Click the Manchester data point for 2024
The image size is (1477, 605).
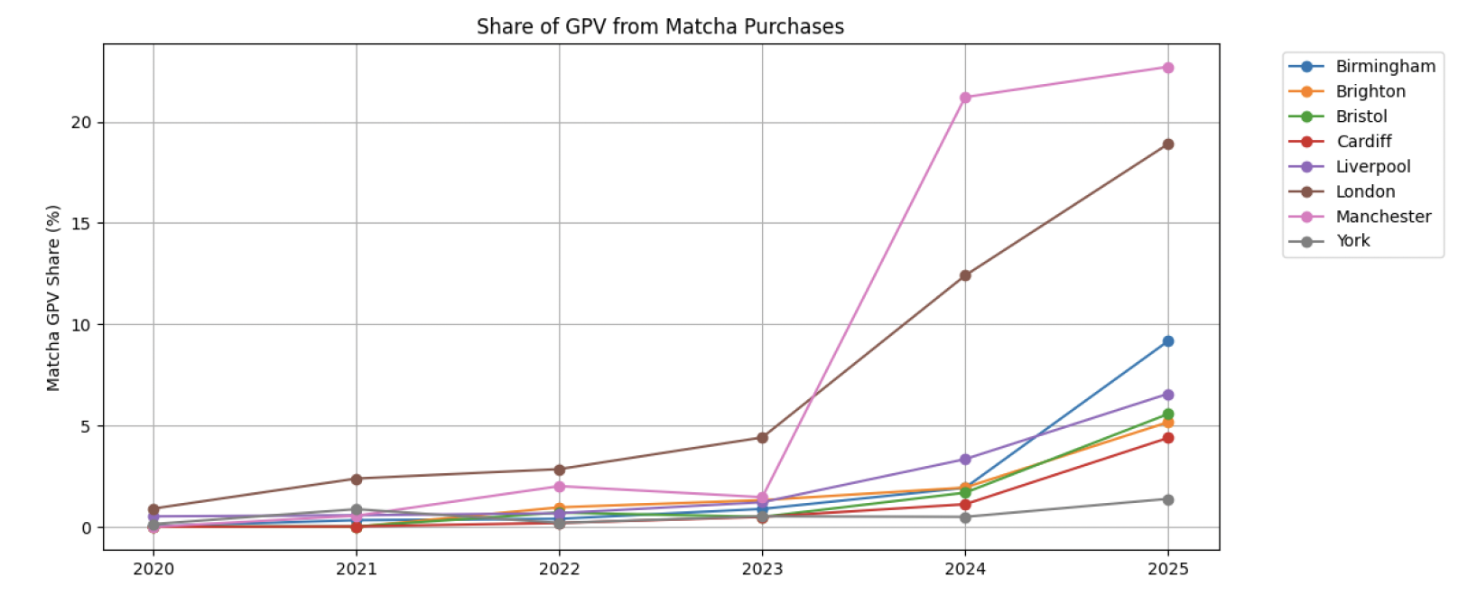[965, 98]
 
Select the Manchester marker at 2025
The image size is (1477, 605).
[1167, 68]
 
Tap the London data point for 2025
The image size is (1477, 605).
[1167, 144]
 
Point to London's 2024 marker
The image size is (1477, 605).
[965, 275]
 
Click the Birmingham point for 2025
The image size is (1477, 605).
[1167, 341]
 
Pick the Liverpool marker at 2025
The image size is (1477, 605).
[1167, 395]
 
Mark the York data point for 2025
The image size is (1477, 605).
[1167, 499]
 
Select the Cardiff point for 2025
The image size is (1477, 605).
[1167, 438]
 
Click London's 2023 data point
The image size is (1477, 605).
[762, 438]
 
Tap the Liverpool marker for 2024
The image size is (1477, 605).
[965, 460]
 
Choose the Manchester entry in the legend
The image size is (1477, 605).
[1383, 217]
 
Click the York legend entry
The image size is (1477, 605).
[1352, 241]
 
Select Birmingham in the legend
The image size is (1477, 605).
[1385, 67]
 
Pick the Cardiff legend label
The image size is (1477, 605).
[1363, 142]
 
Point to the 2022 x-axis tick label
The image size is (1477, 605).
[559, 569]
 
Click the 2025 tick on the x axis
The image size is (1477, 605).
[1167, 569]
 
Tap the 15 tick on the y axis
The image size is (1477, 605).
[81, 224]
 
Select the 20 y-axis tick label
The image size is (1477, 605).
[81, 123]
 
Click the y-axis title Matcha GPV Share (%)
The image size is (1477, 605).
[53, 298]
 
